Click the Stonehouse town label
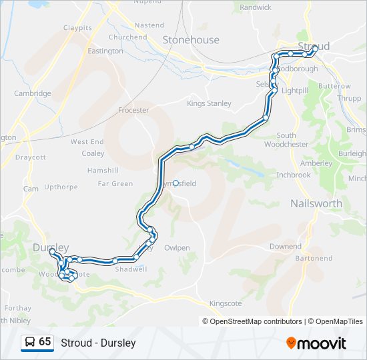click(x=191, y=40)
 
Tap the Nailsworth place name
click(x=316, y=203)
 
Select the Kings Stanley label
click(x=209, y=103)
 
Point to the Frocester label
click(x=133, y=110)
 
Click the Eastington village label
click(x=105, y=51)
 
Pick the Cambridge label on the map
click(x=33, y=93)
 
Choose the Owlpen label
click(x=177, y=247)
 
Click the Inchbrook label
click(x=294, y=175)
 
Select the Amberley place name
click(x=316, y=163)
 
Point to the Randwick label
click(x=256, y=7)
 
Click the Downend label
click(x=286, y=246)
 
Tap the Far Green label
click(x=115, y=183)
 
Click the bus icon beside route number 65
click(x=30, y=343)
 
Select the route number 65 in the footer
click(x=45, y=342)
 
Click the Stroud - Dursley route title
click(x=98, y=343)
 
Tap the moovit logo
click(x=316, y=343)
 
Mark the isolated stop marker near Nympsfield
click(x=175, y=183)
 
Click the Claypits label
click(x=78, y=28)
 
